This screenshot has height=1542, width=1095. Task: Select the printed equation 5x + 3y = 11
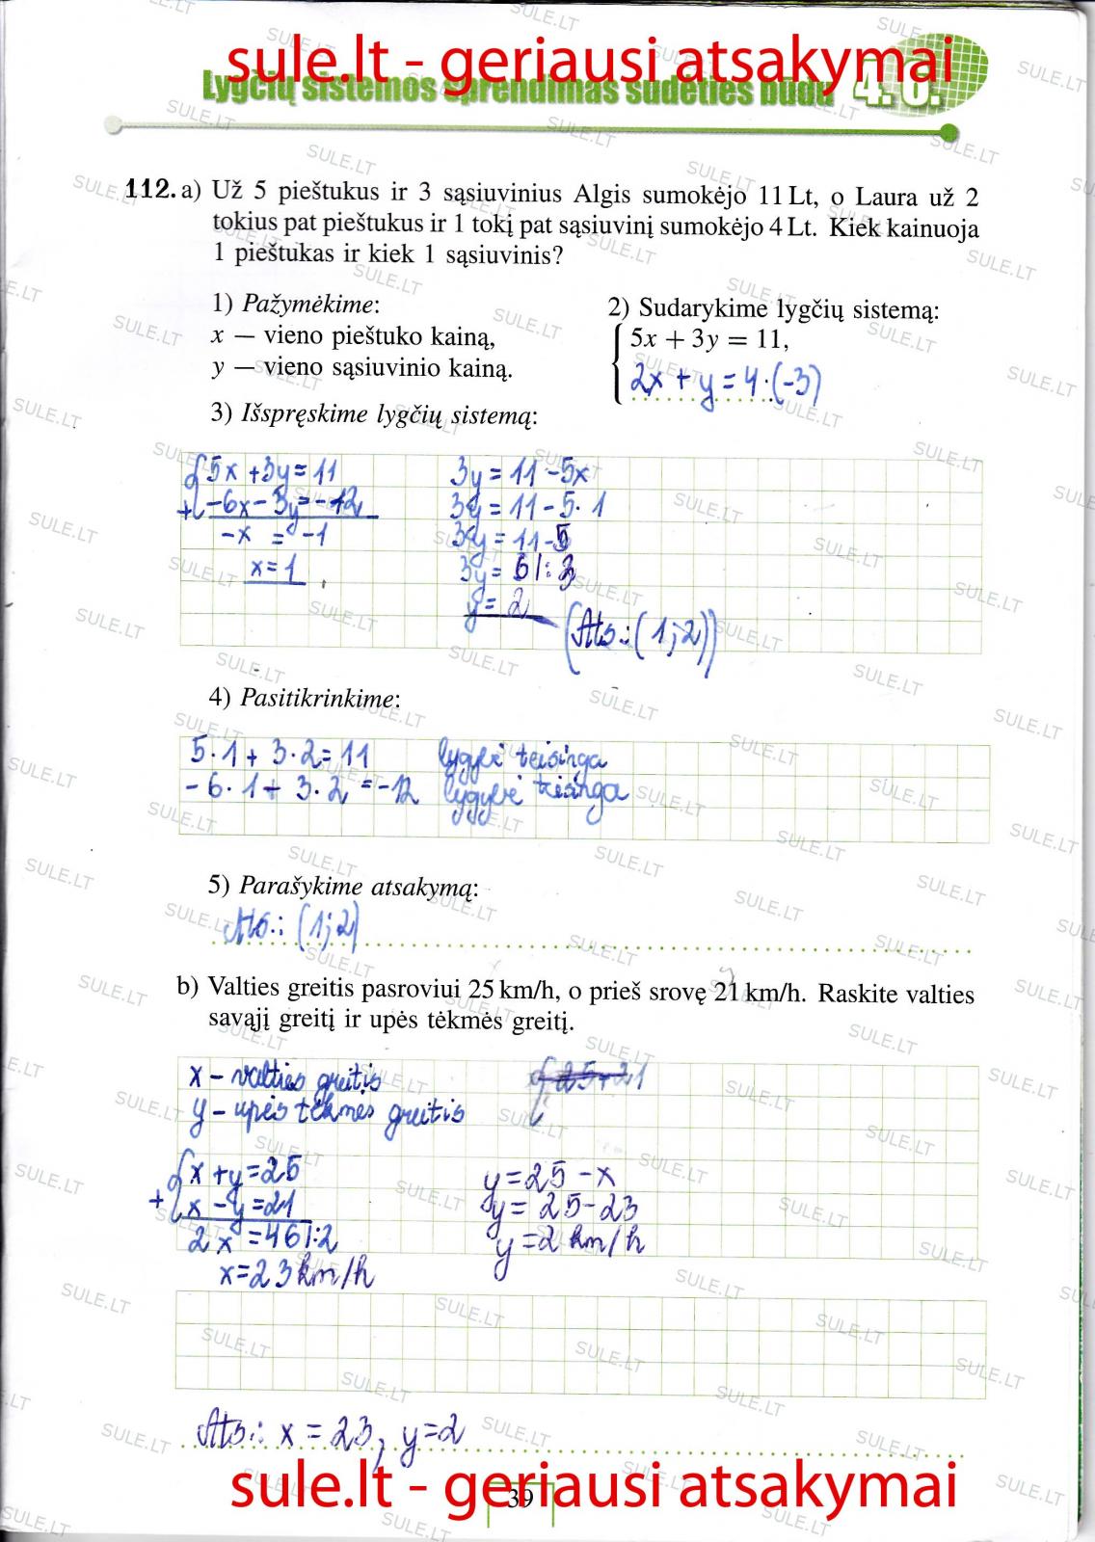click(x=708, y=339)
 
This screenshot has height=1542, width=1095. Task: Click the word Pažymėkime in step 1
click(x=307, y=305)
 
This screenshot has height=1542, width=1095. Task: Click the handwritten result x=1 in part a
click(x=276, y=571)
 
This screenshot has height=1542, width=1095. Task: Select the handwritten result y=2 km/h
click(x=570, y=1242)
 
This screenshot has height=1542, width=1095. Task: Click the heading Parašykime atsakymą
click(x=357, y=886)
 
